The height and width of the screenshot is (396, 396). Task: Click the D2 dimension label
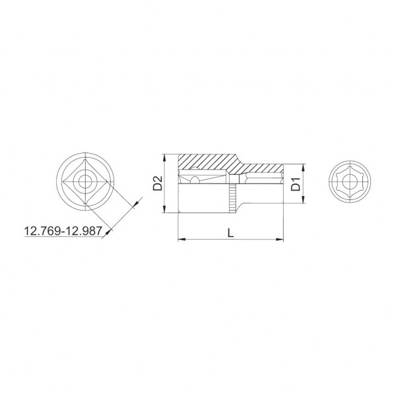coord(158,183)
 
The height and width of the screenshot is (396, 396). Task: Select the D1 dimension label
coord(296,184)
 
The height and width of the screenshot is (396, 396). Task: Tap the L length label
coord(230,233)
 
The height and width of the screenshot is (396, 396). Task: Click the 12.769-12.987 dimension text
coord(63,231)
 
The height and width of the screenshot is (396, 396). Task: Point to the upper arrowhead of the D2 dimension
coord(164,158)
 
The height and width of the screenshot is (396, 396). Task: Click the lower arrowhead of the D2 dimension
coord(164,209)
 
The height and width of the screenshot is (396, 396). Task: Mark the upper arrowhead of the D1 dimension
coord(304,168)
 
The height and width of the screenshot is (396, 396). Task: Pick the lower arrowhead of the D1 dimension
coord(304,199)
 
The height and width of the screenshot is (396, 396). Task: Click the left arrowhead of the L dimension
coord(182,239)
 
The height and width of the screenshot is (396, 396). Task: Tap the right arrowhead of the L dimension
coord(279,239)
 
